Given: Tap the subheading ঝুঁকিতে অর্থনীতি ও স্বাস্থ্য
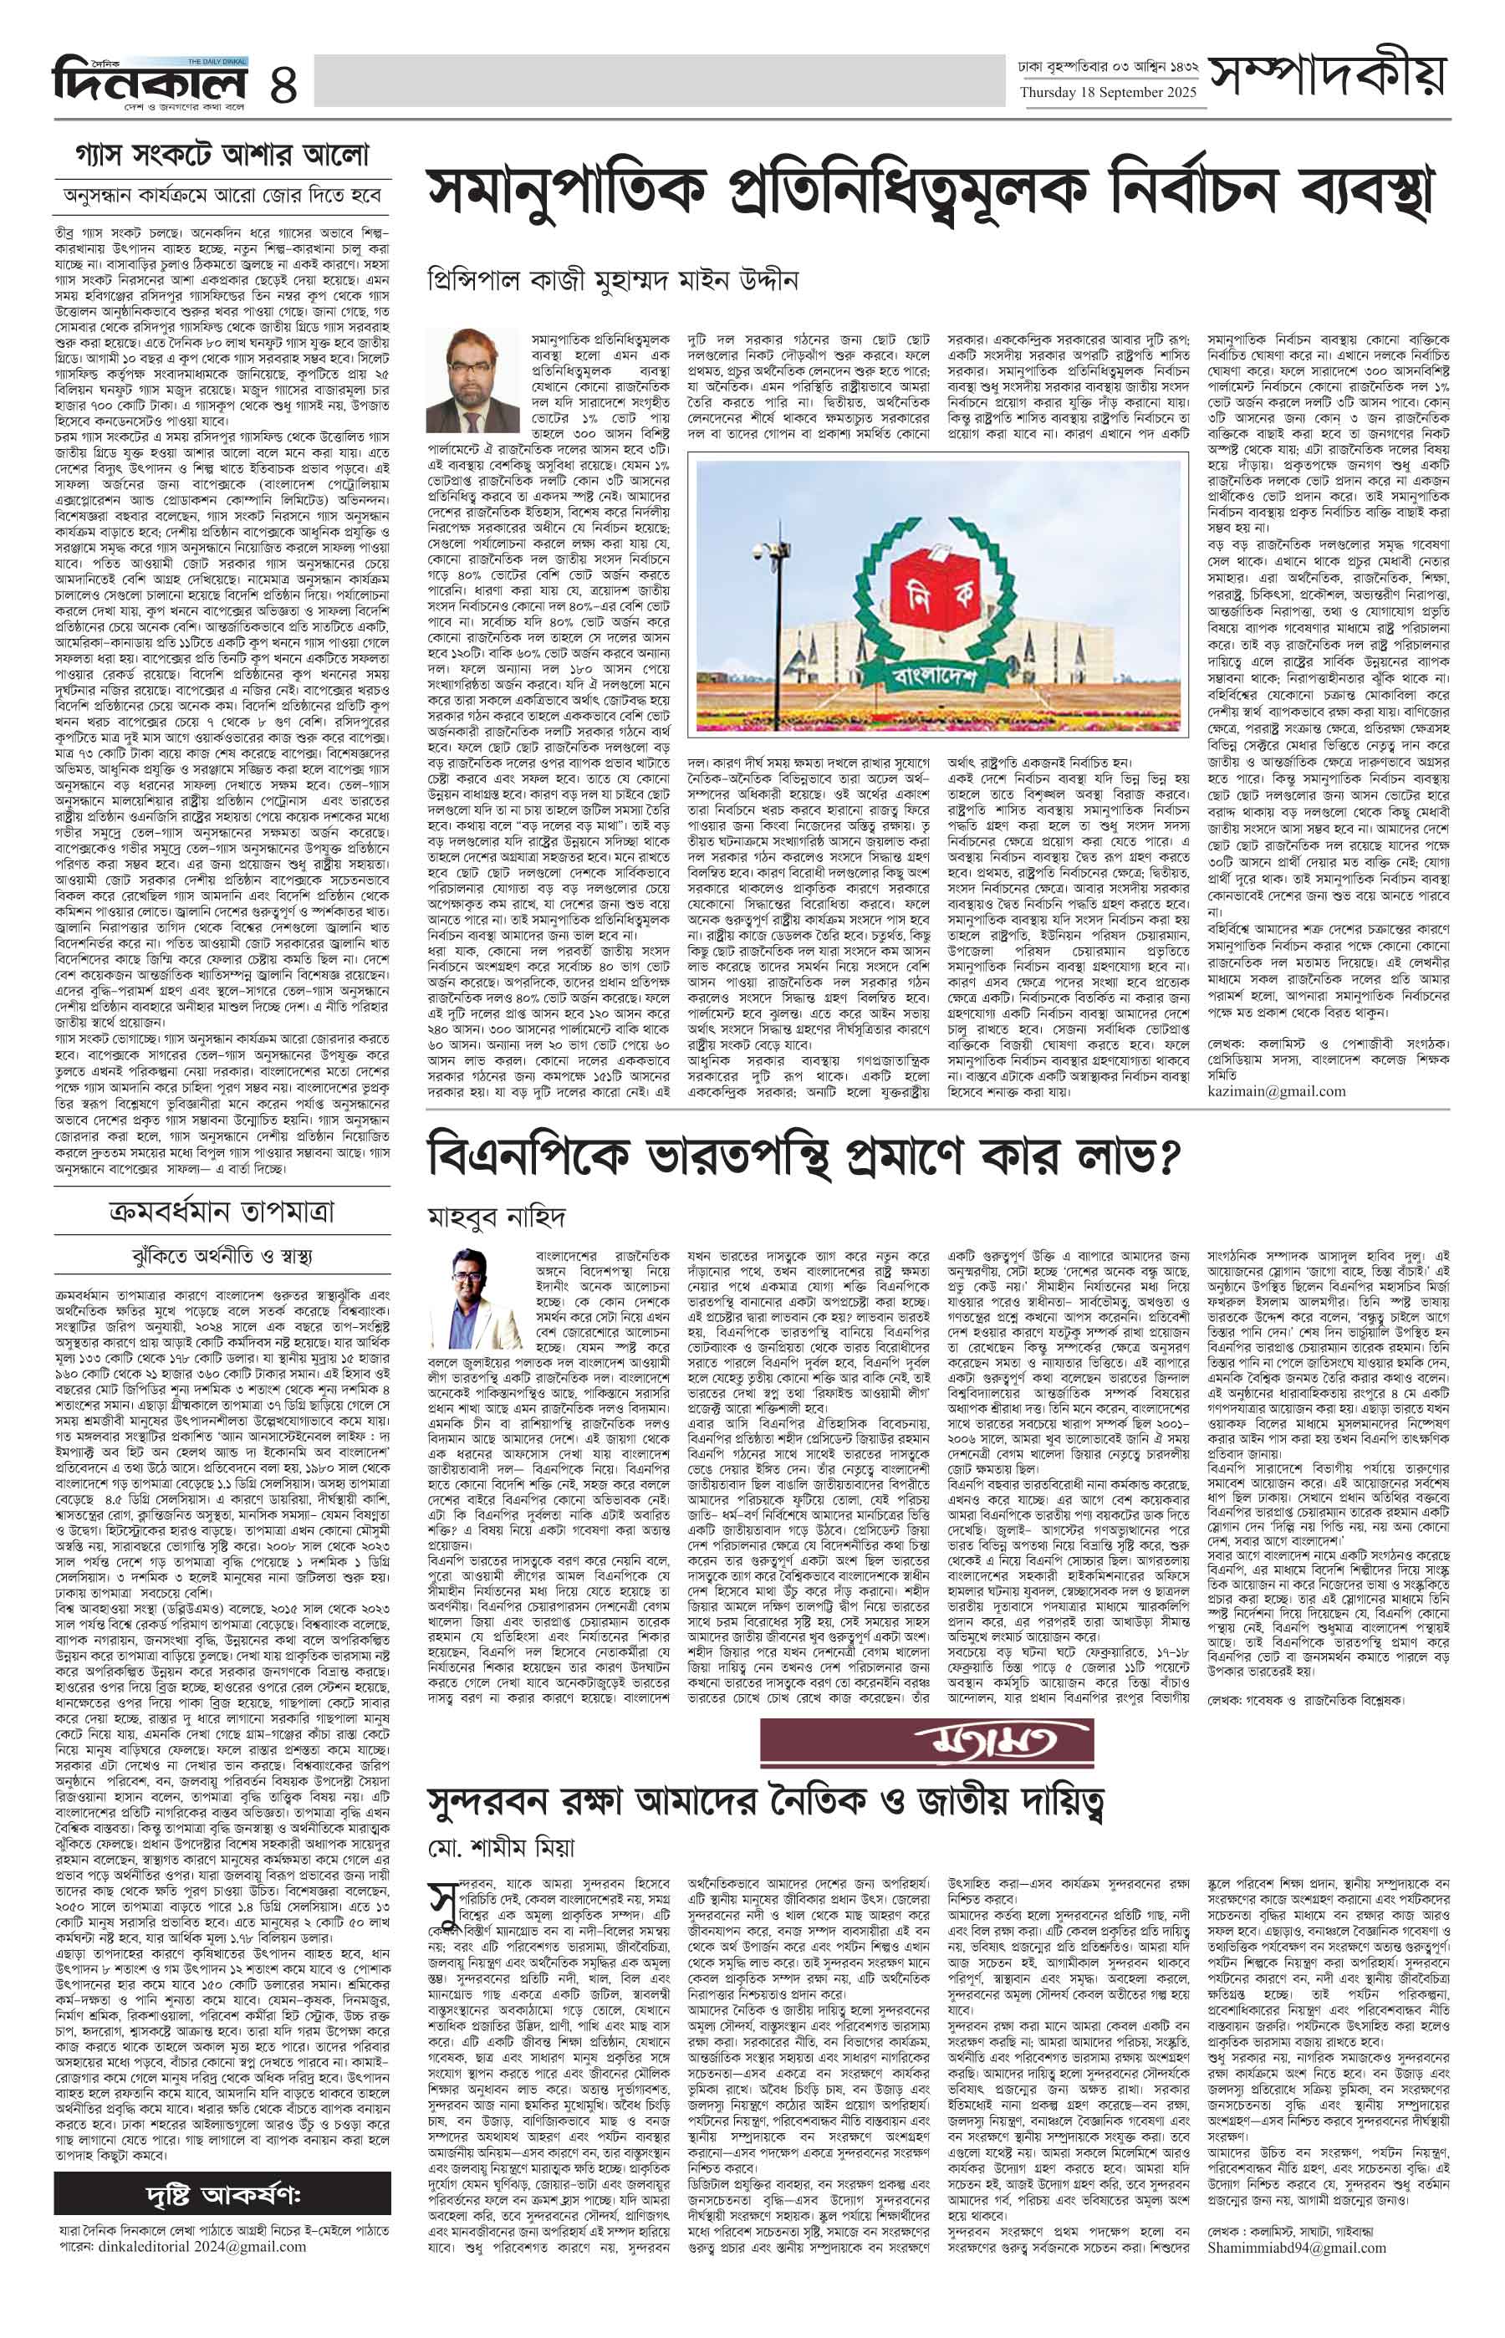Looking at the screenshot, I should [222, 1256].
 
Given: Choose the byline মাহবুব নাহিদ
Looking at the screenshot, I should [497, 1217].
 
